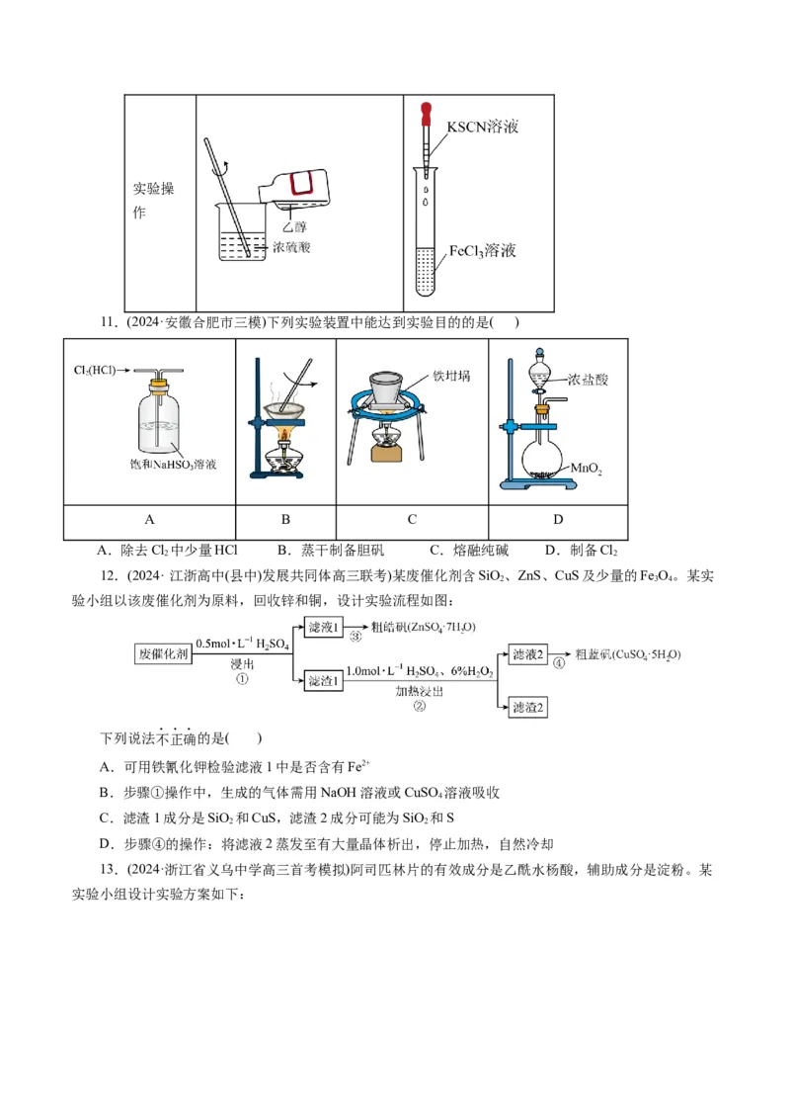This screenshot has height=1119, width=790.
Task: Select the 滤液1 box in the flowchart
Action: pos(324,628)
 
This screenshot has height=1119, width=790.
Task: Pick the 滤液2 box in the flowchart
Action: pos(527,654)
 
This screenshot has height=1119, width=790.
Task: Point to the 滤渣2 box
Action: pos(527,707)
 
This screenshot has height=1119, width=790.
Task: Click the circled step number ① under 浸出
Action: pos(241,680)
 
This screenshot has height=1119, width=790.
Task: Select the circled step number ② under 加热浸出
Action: pos(419,706)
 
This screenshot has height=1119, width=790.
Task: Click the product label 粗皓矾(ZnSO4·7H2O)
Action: pos(423,628)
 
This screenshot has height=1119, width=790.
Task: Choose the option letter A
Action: pos(106,767)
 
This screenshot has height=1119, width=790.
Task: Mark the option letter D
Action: pos(106,844)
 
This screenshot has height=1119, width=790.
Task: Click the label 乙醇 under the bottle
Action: pos(293,227)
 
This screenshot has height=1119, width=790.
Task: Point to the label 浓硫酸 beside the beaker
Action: pos(291,247)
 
